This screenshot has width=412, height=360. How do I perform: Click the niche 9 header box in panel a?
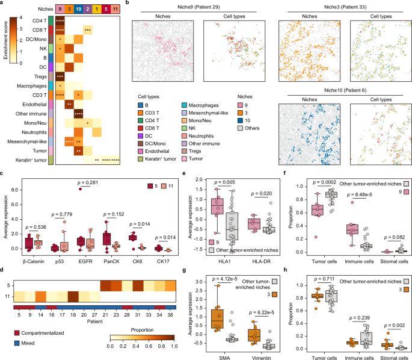pos(60,9)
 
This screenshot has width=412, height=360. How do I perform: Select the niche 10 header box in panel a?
pos(79,9)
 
